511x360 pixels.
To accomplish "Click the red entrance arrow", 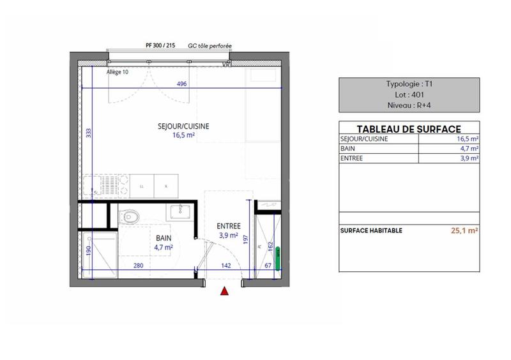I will (x=224, y=292).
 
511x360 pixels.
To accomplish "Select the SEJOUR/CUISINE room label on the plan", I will (x=183, y=126).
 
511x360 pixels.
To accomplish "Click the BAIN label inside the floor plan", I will (x=164, y=236).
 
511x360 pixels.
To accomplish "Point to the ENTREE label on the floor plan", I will (x=228, y=226).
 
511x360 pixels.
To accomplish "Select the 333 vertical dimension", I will (x=88, y=133).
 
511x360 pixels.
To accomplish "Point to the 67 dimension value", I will (x=268, y=266).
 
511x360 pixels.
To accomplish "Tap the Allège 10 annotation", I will (x=117, y=71).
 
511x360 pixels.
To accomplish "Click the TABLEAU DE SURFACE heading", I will (x=409, y=128).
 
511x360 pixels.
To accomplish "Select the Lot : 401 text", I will (x=409, y=94).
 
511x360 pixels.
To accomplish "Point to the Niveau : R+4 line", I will (x=409, y=105).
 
